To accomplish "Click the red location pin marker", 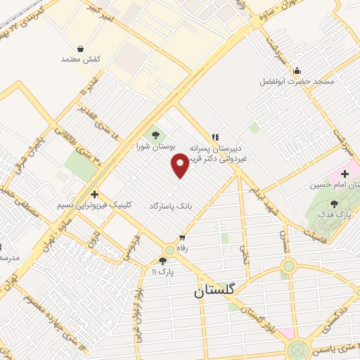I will point(181,166).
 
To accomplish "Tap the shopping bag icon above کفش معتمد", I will point(82,49).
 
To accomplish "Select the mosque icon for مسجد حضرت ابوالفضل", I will point(298,70).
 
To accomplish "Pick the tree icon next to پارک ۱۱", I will point(163,261).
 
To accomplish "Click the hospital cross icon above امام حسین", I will point(345,173).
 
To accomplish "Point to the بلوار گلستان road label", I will point(261,312).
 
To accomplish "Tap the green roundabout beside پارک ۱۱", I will point(169,250).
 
